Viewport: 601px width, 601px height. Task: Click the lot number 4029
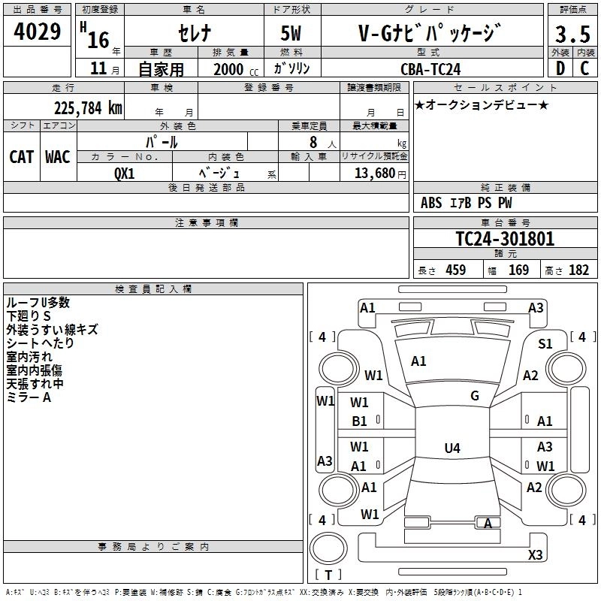[38, 33]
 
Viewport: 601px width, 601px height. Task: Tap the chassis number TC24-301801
[505, 239]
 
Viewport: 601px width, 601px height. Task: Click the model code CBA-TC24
[430, 69]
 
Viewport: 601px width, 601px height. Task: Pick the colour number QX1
[124, 172]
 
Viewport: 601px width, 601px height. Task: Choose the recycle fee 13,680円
[373, 173]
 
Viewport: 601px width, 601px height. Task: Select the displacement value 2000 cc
[234, 69]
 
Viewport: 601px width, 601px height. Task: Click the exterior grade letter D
[560, 69]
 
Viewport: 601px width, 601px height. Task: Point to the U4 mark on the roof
[452, 448]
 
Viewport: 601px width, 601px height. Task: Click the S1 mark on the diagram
[545, 343]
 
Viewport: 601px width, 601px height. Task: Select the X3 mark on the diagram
[535, 554]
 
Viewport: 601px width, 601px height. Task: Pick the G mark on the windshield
[475, 396]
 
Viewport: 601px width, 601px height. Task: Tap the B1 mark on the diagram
[360, 421]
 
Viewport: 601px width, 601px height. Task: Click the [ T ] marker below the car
[328, 575]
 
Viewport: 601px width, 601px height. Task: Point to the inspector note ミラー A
[29, 397]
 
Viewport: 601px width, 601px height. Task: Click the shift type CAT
[22, 156]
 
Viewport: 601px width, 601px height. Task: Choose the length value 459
[455, 270]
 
